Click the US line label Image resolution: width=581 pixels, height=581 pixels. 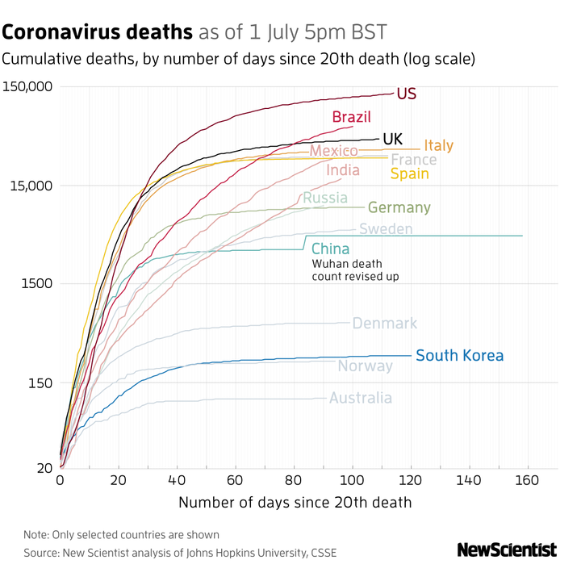coord(407,94)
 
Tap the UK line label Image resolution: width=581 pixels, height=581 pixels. coord(393,139)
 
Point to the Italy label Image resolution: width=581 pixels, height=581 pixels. coord(438,146)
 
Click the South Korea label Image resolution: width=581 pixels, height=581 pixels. coord(459,355)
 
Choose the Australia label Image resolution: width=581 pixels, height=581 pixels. coord(361,398)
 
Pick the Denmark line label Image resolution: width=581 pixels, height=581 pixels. coord(385,324)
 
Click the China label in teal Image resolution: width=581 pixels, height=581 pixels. coord(330,249)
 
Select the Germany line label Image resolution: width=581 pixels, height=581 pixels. coord(399,207)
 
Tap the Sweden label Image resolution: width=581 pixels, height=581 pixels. coord(386,229)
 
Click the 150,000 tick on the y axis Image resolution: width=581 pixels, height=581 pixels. coord(27,86)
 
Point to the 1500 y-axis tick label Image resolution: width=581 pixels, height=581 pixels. coord(36,283)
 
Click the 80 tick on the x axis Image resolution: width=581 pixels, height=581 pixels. coord(295,480)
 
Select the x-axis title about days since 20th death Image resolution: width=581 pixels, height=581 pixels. coord(295,502)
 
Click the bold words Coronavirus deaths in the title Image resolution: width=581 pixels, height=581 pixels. coord(98,32)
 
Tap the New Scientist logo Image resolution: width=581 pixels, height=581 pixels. coord(507,550)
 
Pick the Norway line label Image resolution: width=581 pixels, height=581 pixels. coord(365,366)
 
